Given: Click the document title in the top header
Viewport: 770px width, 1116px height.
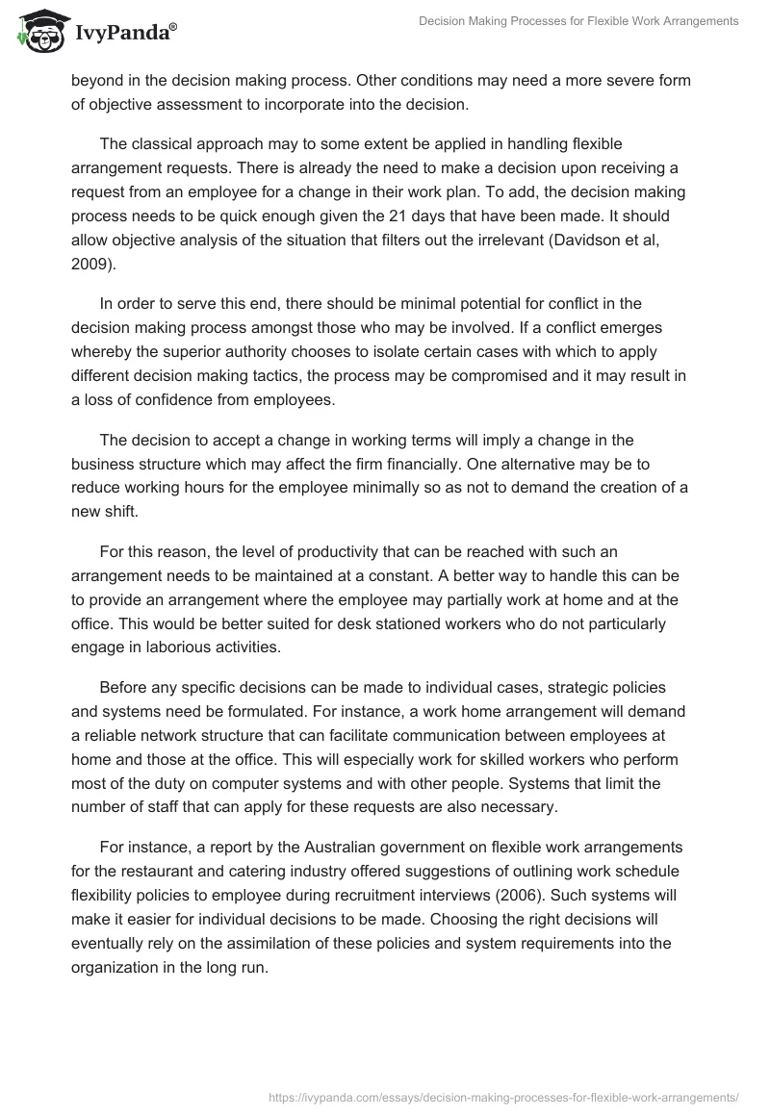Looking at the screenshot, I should [575, 21].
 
